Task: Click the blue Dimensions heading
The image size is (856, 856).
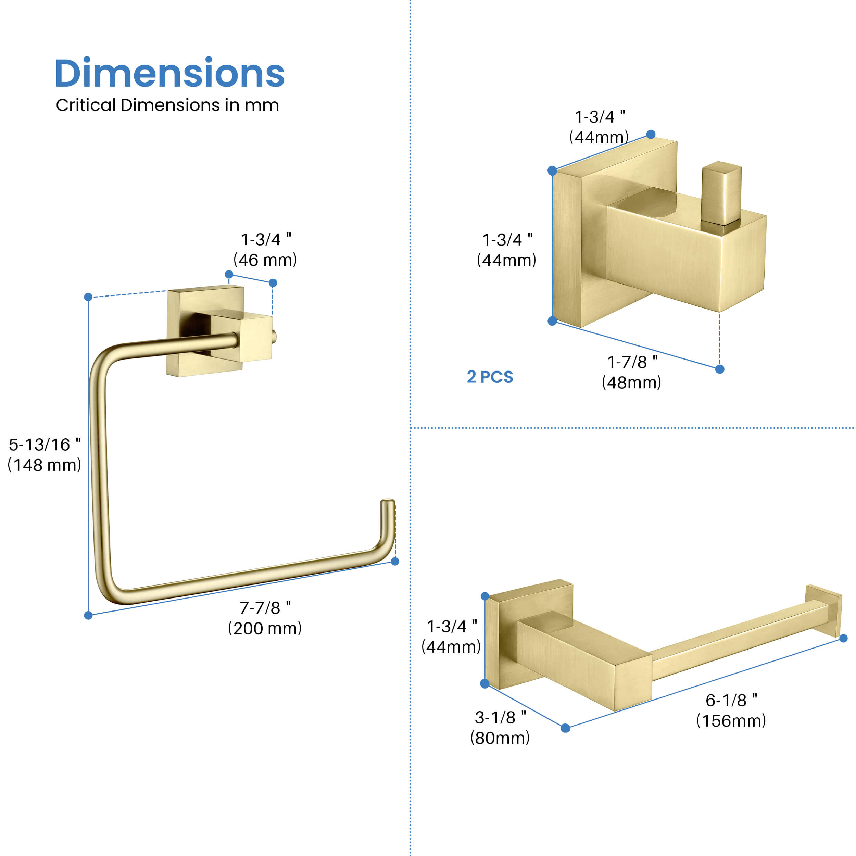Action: (169, 73)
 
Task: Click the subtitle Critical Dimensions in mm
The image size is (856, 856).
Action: (167, 105)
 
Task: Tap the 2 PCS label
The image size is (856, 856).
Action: (490, 377)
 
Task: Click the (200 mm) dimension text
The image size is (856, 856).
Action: (265, 628)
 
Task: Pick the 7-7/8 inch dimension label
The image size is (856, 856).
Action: (265, 608)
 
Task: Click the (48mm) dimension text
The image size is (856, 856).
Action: (631, 382)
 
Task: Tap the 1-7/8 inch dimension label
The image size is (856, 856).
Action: (632, 362)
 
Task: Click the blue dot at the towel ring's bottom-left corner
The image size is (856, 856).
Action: (88, 615)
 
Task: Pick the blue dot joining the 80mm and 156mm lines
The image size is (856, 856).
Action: (565, 728)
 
